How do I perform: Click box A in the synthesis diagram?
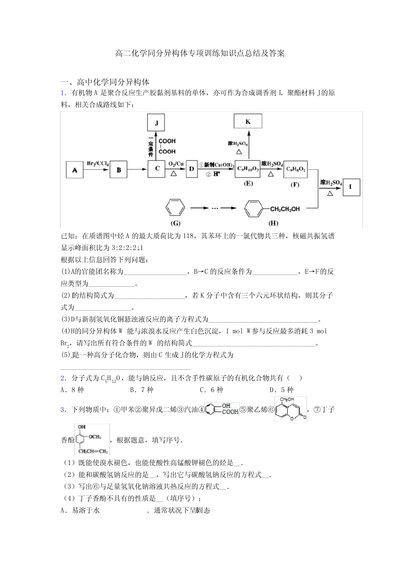coord(75,170)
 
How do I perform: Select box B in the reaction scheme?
coord(118,170)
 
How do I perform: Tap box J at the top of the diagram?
coord(156,123)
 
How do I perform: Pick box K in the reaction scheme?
coord(248,122)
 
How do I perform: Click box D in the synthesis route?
coord(192,169)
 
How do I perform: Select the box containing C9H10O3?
coord(248,169)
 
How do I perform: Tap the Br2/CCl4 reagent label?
coord(98,163)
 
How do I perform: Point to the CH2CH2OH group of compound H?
coord(285,209)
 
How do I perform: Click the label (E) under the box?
coord(248,184)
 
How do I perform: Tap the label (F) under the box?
coord(295,184)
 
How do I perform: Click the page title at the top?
coord(200,53)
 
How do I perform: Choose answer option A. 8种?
coord(72,390)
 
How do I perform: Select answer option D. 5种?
coord(281,390)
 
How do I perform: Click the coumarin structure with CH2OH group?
coord(291,409)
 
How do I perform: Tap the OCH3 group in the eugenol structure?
coord(94,437)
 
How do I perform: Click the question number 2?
coord(63,378)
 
